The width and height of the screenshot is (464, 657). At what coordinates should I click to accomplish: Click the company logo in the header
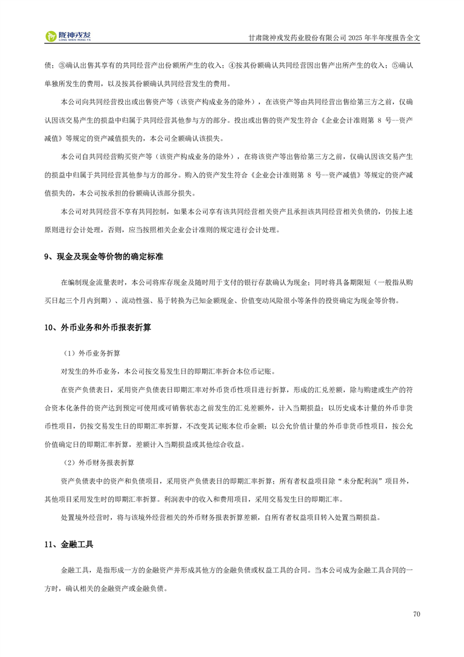pos(68,36)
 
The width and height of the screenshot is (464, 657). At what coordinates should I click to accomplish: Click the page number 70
pos(417,614)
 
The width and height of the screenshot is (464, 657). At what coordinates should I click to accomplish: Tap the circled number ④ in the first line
pos(231,64)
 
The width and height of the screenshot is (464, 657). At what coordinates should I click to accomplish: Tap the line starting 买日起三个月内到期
pos(224,300)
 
